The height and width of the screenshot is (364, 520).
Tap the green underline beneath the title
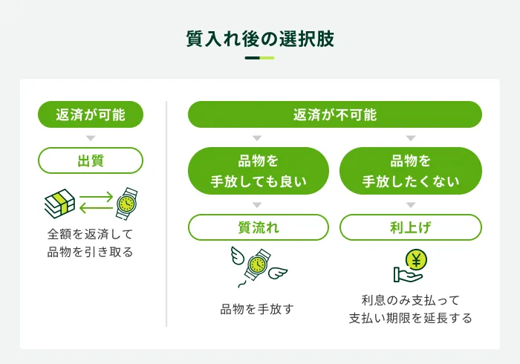pyautogui.click(x=260, y=58)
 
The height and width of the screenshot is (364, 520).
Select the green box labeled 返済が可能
pyautogui.click(x=91, y=114)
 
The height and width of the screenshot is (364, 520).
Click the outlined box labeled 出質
pyautogui.click(x=91, y=160)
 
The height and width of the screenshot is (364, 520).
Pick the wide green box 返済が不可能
pyautogui.click(x=334, y=114)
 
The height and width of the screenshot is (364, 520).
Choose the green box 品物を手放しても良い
pyautogui.click(x=259, y=171)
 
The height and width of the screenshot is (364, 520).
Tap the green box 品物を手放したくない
pyautogui.click(x=410, y=171)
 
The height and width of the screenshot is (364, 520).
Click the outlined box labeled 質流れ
pyautogui.click(x=259, y=227)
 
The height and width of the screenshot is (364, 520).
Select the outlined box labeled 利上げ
pyautogui.click(x=410, y=227)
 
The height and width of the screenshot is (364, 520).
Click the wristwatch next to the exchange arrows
pyautogui.click(x=127, y=203)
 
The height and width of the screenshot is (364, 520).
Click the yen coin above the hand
pyautogui.click(x=416, y=260)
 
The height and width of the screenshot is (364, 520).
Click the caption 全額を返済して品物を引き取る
pyautogui.click(x=91, y=244)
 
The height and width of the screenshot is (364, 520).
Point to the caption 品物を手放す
pyautogui.click(x=257, y=308)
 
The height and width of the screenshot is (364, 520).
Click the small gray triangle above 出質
pyautogui.click(x=91, y=138)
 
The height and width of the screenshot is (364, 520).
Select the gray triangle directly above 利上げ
pyautogui.click(x=410, y=205)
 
